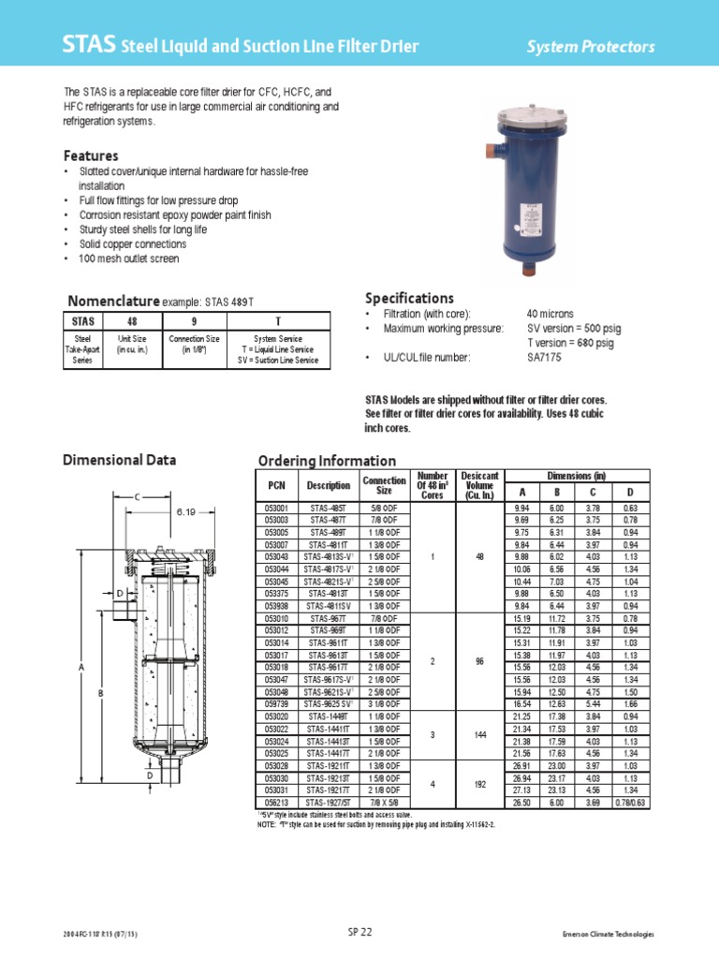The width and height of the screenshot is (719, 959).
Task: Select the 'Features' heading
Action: [x=91, y=155]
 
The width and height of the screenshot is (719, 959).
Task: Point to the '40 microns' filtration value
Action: [x=550, y=314]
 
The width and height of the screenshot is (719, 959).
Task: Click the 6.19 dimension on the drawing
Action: [x=185, y=512]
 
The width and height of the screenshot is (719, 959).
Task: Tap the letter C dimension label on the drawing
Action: [x=136, y=496]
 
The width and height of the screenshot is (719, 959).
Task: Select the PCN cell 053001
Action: [x=278, y=507]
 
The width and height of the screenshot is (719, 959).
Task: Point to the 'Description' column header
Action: [x=329, y=485]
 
